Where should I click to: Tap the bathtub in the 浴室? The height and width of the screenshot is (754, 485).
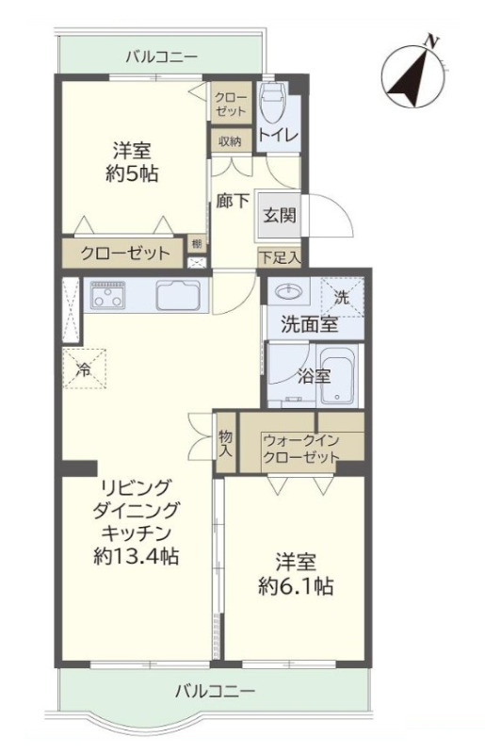[x=337, y=374]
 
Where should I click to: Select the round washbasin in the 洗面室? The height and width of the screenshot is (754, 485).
[x=288, y=291]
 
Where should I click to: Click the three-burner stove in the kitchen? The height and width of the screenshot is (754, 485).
[x=108, y=295]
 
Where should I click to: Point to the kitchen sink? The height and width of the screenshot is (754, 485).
[x=178, y=295]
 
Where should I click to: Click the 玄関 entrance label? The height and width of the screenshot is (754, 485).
[x=280, y=216]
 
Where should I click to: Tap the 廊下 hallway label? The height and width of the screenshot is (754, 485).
[x=233, y=201]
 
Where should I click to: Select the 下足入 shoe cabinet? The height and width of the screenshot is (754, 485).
[x=280, y=257]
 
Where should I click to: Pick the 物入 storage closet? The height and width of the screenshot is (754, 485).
[x=225, y=443]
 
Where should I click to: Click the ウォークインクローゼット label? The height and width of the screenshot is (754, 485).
[x=301, y=448]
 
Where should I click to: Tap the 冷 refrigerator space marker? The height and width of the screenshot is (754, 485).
[x=84, y=369]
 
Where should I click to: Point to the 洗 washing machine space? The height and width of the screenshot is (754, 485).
[x=342, y=297]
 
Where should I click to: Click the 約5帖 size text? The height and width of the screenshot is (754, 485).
[x=132, y=173]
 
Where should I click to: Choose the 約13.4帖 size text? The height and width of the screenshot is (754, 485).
[x=136, y=556]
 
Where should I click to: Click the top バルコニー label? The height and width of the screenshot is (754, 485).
[x=161, y=57]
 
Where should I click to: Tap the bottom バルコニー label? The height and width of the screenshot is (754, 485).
[x=215, y=692]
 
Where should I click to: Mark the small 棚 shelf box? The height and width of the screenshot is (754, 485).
[x=197, y=243]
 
